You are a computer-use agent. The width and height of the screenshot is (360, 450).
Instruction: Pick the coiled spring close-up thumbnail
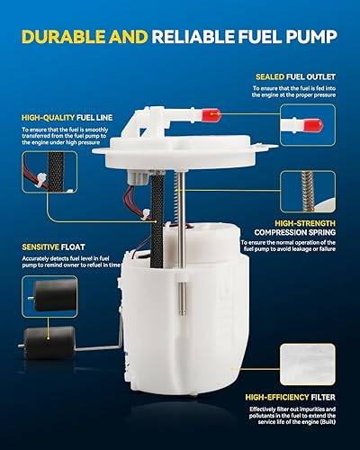(x=307, y=192)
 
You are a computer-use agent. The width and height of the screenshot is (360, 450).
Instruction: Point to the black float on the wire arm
(x=46, y=339)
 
